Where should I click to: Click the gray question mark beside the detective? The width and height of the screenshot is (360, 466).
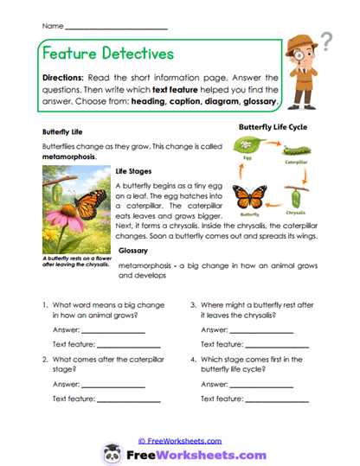pyautogui.click(x=327, y=40)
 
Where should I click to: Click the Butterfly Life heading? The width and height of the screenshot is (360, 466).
pyautogui.click(x=66, y=132)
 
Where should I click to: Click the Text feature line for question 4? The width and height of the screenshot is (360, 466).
pyautogui.click(x=283, y=399)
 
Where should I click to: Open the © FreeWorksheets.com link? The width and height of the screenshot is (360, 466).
pyautogui.click(x=180, y=440)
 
